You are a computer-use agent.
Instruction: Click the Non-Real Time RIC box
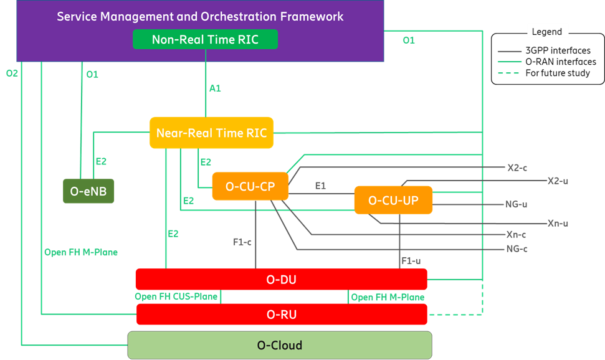pyautogui.click(x=205, y=40)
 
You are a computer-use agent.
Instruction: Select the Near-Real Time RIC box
pyautogui.click(x=211, y=133)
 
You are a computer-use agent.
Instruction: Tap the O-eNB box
pyautogui.click(x=89, y=191)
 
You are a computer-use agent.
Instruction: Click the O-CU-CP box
pyautogui.click(x=250, y=186)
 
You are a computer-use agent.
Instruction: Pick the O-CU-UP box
pyautogui.click(x=393, y=200)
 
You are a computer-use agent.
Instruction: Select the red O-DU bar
pyautogui.click(x=281, y=280)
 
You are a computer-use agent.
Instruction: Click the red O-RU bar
pyautogui.click(x=281, y=315)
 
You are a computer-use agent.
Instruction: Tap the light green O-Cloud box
pyautogui.click(x=279, y=345)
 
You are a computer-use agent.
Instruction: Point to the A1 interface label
pyautogui.click(x=215, y=88)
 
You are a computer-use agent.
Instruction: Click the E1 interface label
pyautogui.click(x=320, y=186)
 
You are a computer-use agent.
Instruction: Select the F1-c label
pyautogui.click(x=242, y=242)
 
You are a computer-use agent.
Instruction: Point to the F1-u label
pyautogui.click(x=411, y=260)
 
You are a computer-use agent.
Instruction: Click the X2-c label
pyautogui.click(x=517, y=168)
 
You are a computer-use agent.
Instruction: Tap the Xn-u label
pyautogui.click(x=558, y=223)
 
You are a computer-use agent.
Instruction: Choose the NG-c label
pyautogui.click(x=517, y=249)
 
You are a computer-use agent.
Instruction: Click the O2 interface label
pyautogui.click(x=12, y=73)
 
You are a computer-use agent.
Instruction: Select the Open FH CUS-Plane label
pyautogui.click(x=176, y=296)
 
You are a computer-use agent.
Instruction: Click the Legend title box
pyautogui.click(x=546, y=32)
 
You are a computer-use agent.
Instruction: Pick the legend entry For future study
pyautogui.click(x=558, y=73)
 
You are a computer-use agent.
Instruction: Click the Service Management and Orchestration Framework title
pyautogui.click(x=200, y=17)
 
